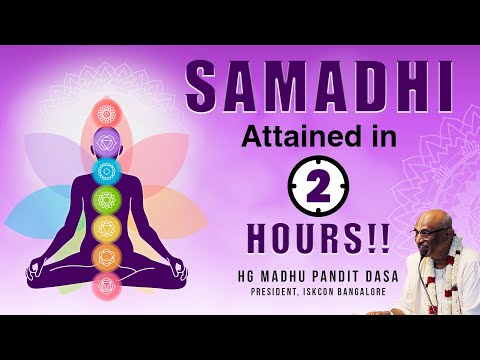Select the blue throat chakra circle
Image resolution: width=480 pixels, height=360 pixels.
[107, 171]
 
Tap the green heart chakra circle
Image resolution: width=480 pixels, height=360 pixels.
[107, 200]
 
